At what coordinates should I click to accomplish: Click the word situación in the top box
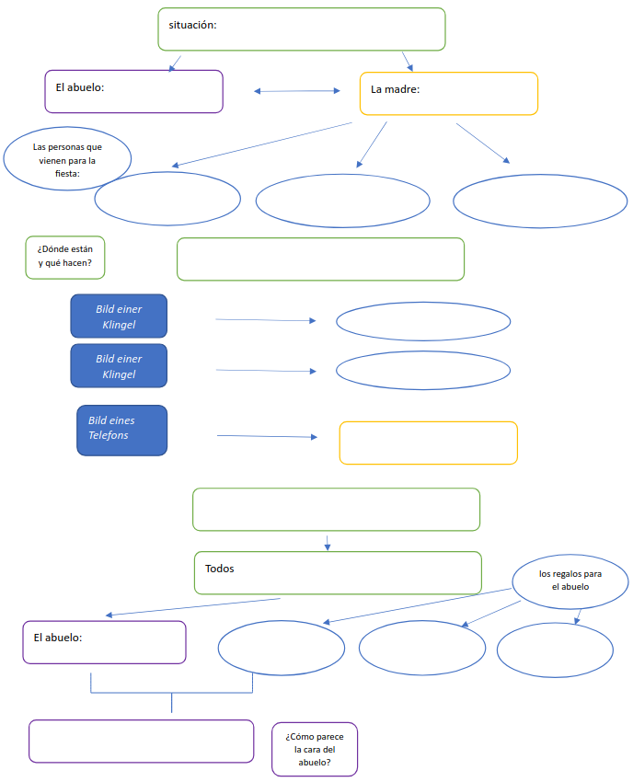(x=192, y=25)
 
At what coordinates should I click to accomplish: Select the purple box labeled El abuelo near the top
(x=133, y=91)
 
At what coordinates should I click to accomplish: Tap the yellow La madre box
(x=448, y=93)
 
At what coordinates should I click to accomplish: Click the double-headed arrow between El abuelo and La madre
(x=297, y=91)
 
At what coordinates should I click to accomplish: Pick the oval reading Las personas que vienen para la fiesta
(x=67, y=159)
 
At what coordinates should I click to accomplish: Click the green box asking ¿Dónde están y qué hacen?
(x=65, y=258)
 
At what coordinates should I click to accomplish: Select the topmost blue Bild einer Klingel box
(x=119, y=316)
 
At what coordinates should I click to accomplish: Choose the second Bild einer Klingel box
(x=119, y=366)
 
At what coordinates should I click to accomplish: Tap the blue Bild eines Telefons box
(x=121, y=430)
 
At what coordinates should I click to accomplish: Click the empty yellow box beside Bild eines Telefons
(x=428, y=443)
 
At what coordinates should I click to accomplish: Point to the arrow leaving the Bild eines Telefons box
(x=266, y=436)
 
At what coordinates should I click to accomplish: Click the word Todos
(x=220, y=569)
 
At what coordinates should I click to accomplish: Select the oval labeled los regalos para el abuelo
(x=570, y=581)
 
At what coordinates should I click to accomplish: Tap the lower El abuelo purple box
(x=104, y=642)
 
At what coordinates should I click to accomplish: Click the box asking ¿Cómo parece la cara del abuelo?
(x=315, y=749)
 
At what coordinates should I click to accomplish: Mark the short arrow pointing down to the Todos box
(x=328, y=542)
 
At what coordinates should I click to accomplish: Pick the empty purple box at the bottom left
(x=141, y=741)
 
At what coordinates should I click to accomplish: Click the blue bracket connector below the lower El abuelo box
(x=171, y=691)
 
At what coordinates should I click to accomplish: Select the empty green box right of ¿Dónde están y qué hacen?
(x=320, y=259)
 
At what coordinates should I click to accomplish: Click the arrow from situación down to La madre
(x=408, y=62)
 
